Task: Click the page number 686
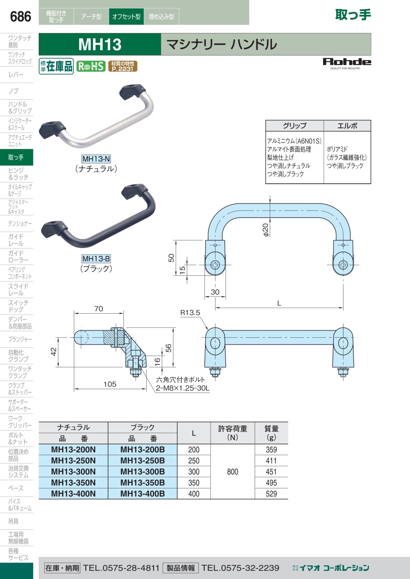tap(20, 16)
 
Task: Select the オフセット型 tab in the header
tap(126, 16)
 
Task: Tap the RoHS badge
tap(91, 66)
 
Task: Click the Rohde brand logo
tap(347, 64)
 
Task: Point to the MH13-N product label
tap(96, 158)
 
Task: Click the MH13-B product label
tap(96, 259)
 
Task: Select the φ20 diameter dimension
tap(266, 230)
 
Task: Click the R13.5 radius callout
tap(190, 313)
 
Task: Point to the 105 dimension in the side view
tap(110, 384)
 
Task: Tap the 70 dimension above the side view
tap(98, 309)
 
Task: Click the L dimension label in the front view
tap(279, 303)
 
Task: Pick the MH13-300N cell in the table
tap(73, 472)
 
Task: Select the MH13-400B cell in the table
tap(143, 493)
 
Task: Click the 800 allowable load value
tap(232, 472)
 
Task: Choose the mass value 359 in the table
tap(272, 450)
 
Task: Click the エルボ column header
tap(347, 126)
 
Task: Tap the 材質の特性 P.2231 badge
tap(123, 66)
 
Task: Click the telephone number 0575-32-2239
tap(241, 568)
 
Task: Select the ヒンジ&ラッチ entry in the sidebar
tap(18, 174)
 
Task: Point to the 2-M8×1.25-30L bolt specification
tap(183, 388)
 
